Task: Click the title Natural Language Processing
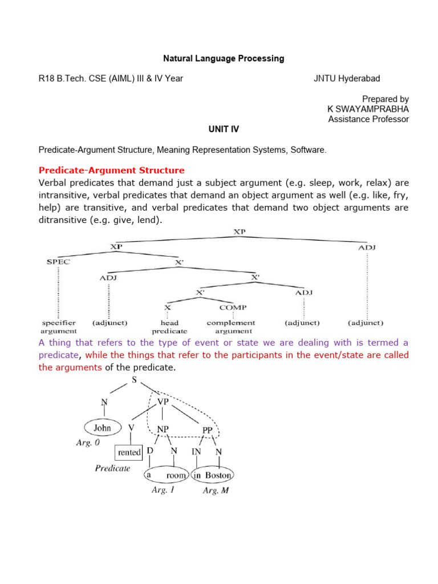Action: [x=224, y=58]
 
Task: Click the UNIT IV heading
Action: [x=224, y=129]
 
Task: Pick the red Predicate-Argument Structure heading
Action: [x=111, y=170]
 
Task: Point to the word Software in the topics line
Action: [x=308, y=150]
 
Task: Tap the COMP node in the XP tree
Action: [x=233, y=307]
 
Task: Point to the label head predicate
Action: [x=169, y=327]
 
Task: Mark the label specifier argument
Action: [x=58, y=327]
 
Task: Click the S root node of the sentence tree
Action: [x=135, y=379]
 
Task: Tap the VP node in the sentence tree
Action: [x=163, y=401]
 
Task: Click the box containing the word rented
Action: [x=129, y=452]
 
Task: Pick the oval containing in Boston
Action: [x=212, y=475]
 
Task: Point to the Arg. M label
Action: [x=216, y=490]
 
